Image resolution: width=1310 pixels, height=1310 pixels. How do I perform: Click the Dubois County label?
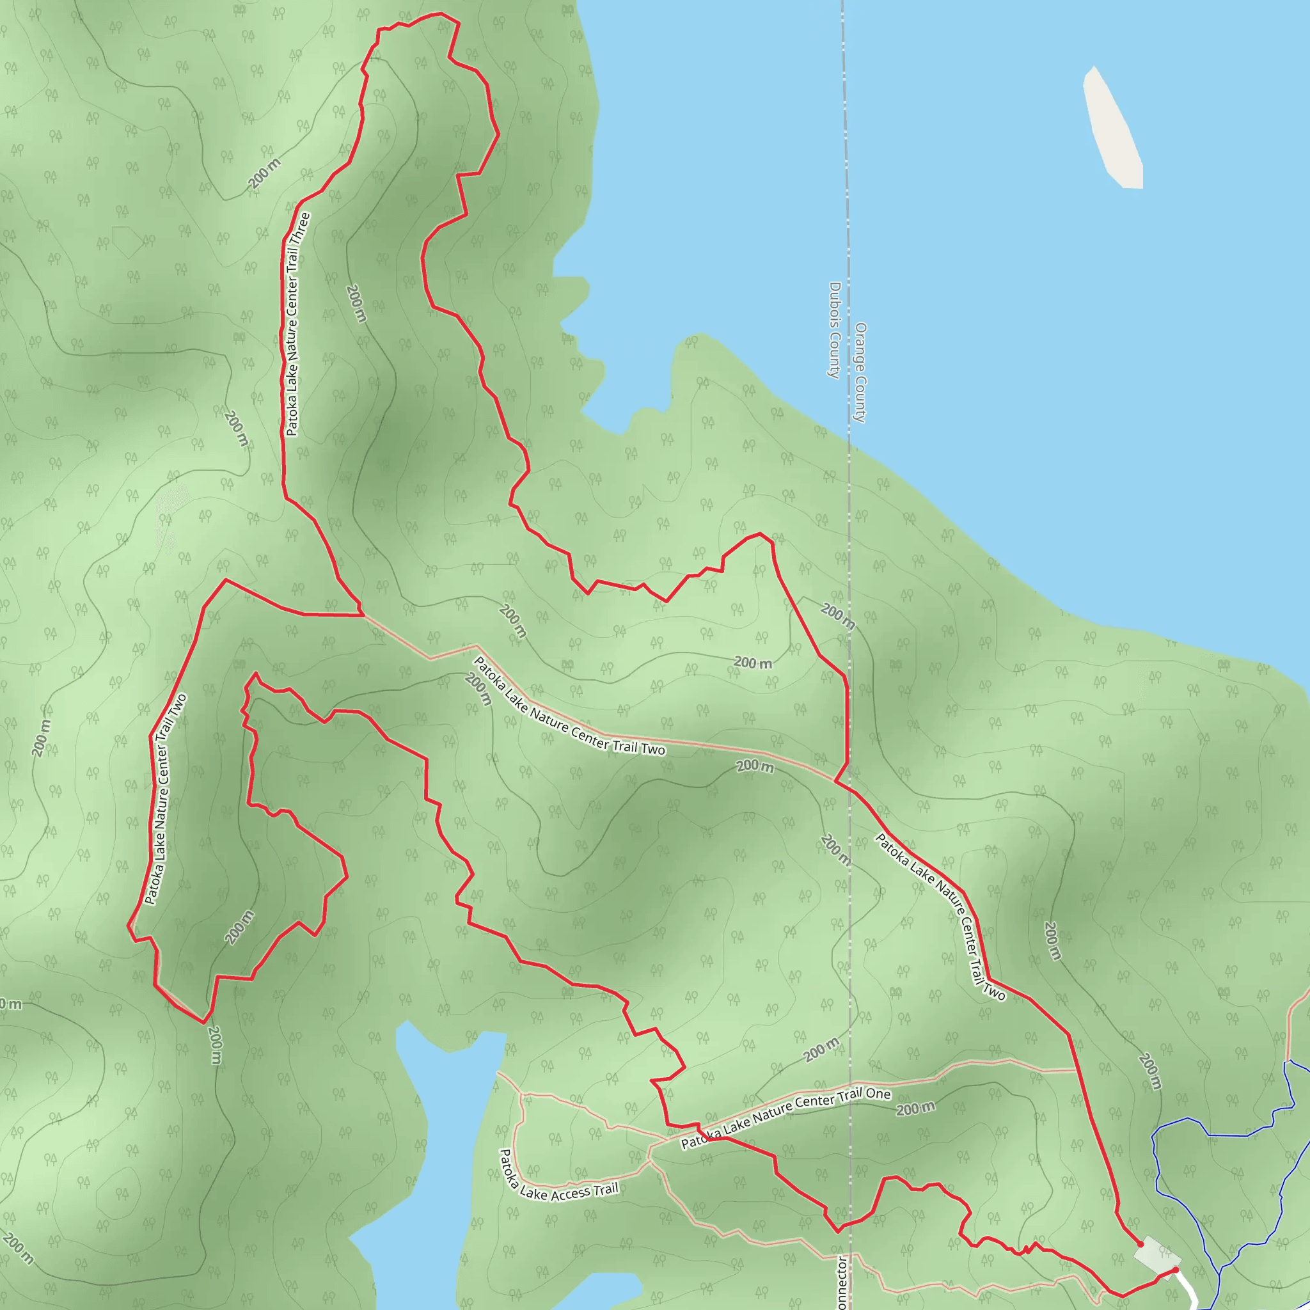[834, 329]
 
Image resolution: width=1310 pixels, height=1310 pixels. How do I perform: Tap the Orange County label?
[860, 372]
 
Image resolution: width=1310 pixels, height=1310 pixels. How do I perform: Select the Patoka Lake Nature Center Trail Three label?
[297, 324]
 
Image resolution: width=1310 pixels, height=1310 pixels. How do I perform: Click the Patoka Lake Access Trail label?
[558, 1176]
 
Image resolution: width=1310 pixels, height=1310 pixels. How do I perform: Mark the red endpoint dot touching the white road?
[1175, 1270]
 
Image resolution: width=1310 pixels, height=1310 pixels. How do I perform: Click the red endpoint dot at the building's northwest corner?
[1140, 1244]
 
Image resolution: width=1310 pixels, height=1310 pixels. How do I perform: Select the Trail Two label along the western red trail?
[166, 800]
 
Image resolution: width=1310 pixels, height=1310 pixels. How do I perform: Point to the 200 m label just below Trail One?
[915, 1109]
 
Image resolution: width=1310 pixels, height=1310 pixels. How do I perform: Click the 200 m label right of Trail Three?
[356, 303]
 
